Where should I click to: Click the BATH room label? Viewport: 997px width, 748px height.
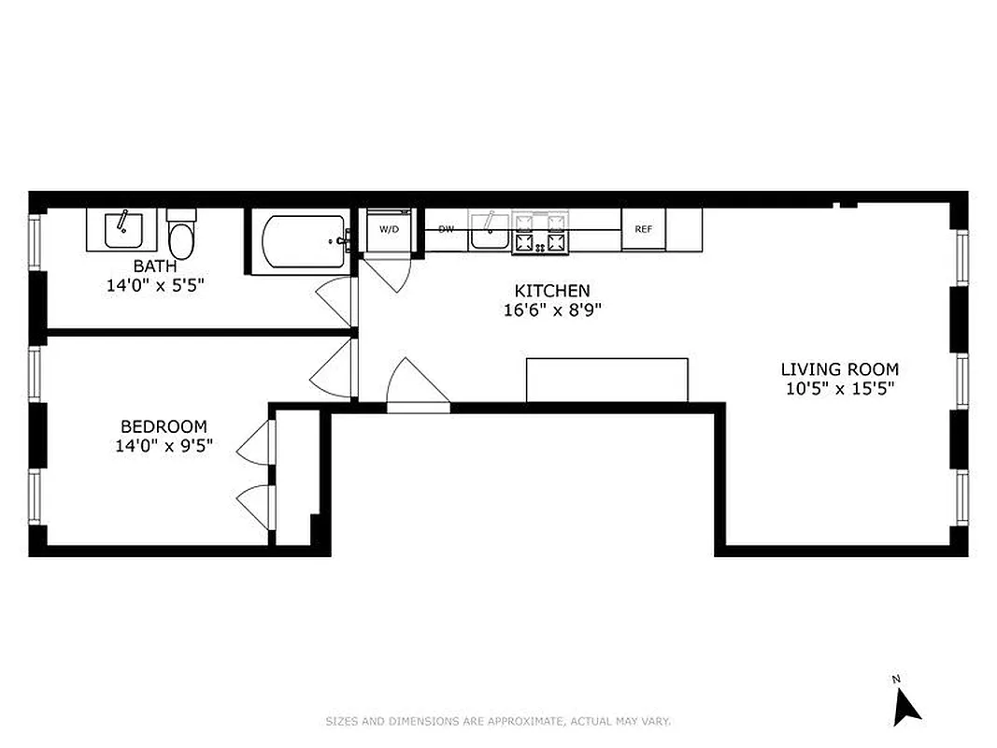(x=154, y=266)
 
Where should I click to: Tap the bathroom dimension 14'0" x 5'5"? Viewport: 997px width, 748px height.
(x=154, y=284)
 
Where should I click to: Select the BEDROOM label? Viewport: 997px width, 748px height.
(x=164, y=427)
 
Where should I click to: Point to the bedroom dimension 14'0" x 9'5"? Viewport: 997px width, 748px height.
(x=164, y=446)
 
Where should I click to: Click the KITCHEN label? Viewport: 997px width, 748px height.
(x=552, y=291)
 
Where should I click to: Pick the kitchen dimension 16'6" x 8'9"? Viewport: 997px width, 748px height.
(x=552, y=310)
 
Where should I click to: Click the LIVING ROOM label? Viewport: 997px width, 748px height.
(x=839, y=369)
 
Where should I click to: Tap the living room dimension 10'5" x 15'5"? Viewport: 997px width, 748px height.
(x=839, y=389)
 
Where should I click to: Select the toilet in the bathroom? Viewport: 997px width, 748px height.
(x=181, y=236)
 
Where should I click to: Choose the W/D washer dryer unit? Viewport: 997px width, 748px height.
(x=388, y=230)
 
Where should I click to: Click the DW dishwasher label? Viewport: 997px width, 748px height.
(x=447, y=229)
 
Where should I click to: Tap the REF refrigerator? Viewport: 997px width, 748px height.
(x=643, y=229)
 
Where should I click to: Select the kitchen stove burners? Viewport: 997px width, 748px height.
(x=541, y=233)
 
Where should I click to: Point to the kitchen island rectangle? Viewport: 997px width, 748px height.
(x=606, y=380)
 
